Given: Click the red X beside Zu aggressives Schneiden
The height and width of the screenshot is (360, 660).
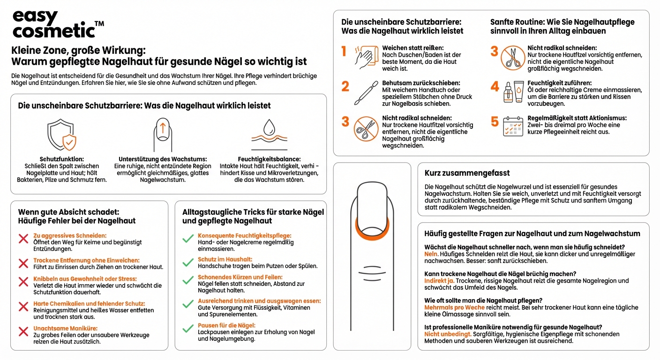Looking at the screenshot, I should [x=23, y=239].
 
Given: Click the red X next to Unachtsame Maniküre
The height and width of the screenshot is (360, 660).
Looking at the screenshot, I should [x=23, y=332].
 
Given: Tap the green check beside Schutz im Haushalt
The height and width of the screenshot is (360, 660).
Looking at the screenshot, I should [x=188, y=262].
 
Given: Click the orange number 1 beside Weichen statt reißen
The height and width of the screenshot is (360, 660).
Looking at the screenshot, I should [x=345, y=51].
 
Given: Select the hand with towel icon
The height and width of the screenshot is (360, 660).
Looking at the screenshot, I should [x=365, y=57].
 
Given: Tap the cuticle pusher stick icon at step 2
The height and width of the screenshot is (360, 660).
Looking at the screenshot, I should [x=365, y=92].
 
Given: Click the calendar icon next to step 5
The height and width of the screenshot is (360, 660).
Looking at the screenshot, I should [x=513, y=127].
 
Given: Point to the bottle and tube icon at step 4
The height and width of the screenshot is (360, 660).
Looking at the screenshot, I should [x=513, y=91].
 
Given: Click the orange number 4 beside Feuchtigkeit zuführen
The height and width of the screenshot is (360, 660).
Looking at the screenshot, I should [x=495, y=87].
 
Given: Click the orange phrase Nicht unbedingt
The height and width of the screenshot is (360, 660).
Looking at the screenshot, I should [x=448, y=334].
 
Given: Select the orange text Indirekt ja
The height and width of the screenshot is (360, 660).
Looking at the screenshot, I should [x=439, y=281].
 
